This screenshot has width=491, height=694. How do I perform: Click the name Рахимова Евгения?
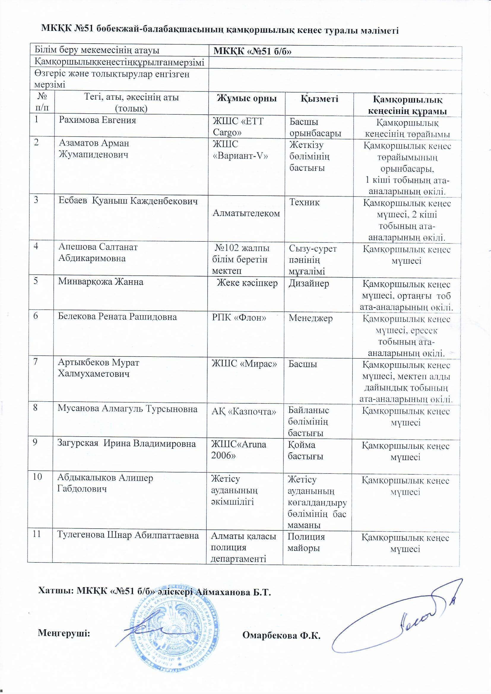pos(97,120)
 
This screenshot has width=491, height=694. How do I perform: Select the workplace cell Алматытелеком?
pos(246,213)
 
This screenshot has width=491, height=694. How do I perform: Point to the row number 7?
pos(36,362)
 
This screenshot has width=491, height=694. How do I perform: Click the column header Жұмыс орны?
pos(247,99)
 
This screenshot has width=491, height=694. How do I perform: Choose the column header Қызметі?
pos(319,99)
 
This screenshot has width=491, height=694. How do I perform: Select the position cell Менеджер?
pos(311,318)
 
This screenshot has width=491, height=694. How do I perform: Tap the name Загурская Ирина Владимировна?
pos(127,444)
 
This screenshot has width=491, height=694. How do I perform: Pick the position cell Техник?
pos(304,202)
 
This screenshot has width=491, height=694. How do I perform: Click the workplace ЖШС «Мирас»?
pos(244,364)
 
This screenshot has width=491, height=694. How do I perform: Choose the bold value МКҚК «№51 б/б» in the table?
pos(252,52)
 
